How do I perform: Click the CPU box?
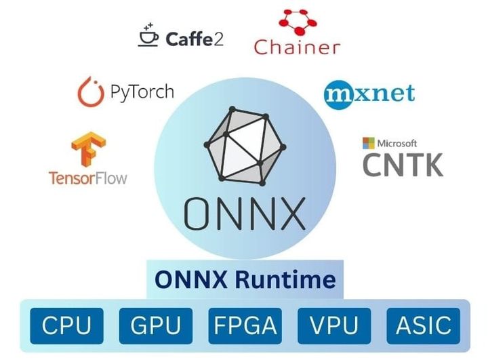coord(66,325)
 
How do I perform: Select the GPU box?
coord(155,325)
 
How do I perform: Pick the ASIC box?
coord(424,325)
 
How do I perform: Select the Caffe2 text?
coord(194,39)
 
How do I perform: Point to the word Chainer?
coord(297,47)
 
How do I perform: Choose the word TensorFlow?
coord(88,178)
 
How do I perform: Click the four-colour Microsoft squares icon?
coord(369,143)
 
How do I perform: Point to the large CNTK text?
coord(403,164)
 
